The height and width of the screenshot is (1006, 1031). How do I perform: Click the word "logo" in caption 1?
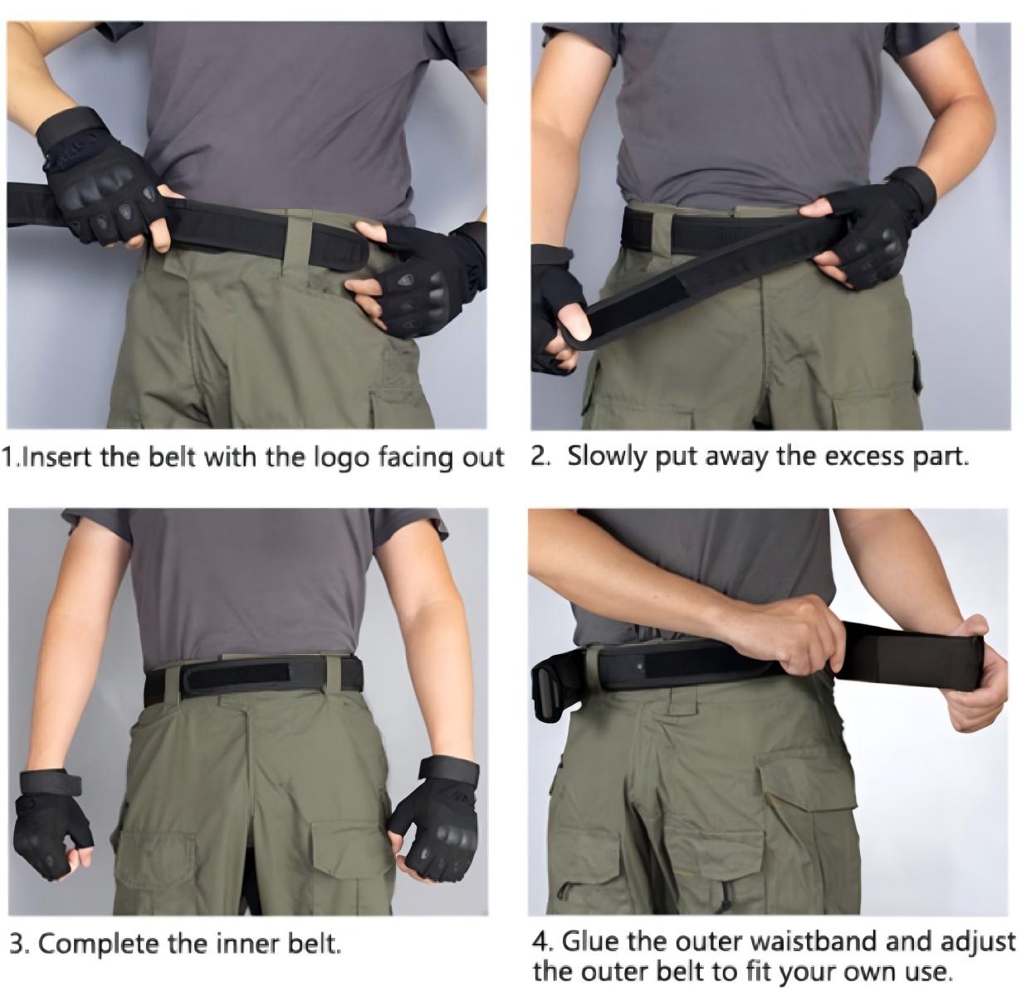point(341,457)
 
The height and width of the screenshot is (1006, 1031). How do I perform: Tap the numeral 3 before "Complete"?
point(19,944)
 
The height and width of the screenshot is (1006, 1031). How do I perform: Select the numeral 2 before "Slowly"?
point(540,457)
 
